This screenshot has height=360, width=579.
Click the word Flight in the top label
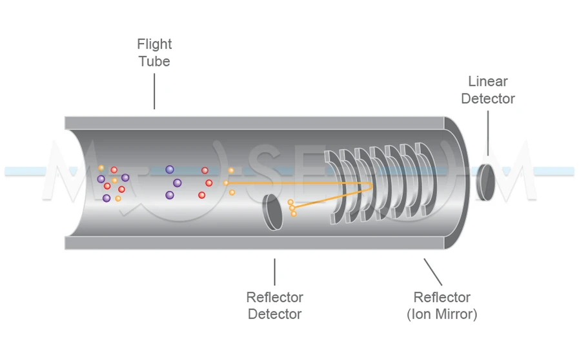[x=154, y=45]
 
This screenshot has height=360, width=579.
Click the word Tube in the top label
[x=154, y=62]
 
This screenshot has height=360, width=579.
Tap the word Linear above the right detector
[x=487, y=82]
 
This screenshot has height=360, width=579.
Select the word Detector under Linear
[x=487, y=99]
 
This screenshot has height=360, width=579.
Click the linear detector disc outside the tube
[x=485, y=181]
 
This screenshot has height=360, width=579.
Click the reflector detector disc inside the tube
[x=273, y=212]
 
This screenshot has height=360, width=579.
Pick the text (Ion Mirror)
[x=442, y=314]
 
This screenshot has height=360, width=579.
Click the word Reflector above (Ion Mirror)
[x=442, y=297]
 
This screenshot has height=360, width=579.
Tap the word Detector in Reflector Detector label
[x=274, y=314]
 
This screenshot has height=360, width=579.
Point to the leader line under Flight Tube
[x=155, y=92]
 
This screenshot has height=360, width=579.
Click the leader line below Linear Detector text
[x=487, y=132]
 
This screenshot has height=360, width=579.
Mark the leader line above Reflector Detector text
[x=275, y=272]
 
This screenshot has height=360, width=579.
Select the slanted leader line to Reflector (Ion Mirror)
[x=432, y=272]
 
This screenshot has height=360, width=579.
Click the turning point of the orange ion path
[x=371, y=186]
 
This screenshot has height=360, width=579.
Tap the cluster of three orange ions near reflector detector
[x=292, y=208]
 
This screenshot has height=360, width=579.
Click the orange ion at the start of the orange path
[x=226, y=183]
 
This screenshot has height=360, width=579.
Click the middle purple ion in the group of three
[x=178, y=183]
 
